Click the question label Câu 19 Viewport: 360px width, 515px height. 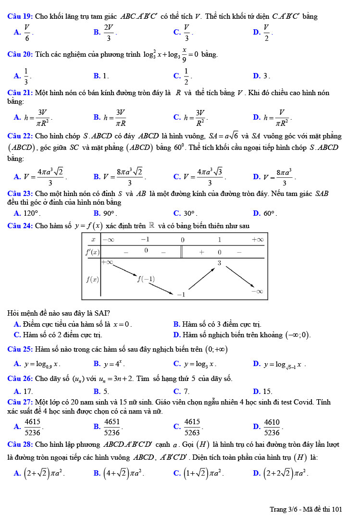click(x=21, y=16)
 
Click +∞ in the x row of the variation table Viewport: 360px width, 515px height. click(x=257, y=239)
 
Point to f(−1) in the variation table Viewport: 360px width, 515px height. click(x=146, y=279)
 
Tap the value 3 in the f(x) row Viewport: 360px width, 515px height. click(x=219, y=263)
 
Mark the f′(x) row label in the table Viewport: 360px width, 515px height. click(x=92, y=252)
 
